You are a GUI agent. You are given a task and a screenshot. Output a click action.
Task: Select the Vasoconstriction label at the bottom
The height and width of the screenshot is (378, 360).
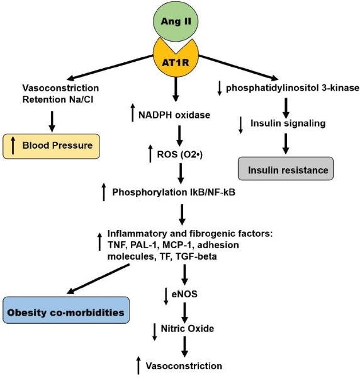point(184,365)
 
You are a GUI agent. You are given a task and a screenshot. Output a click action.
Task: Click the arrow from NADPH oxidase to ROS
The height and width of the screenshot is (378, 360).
point(180,135)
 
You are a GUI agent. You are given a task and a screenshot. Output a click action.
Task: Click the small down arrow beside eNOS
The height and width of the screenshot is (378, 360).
point(166,295)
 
